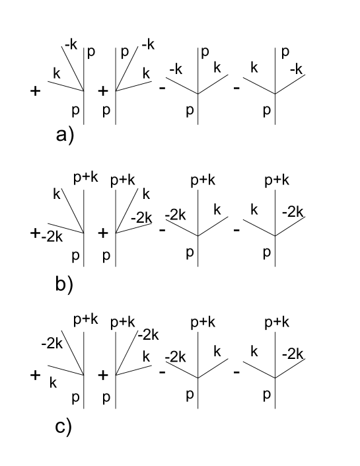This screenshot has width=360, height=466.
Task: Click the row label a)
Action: (65, 136)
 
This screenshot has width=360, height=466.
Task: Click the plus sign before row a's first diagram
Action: (36, 92)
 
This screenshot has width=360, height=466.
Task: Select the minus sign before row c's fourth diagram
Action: (236, 373)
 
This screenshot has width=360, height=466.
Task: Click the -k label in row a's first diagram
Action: (71, 44)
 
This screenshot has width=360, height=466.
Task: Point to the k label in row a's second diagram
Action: (147, 72)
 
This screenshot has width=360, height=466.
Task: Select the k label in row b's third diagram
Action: (216, 210)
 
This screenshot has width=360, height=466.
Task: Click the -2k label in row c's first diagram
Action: (51, 344)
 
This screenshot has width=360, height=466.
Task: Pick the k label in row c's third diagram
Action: (216, 351)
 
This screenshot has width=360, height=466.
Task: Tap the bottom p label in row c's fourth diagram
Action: (266, 395)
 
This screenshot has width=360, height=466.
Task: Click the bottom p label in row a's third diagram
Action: (190, 111)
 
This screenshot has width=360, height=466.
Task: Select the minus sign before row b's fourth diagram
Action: (236, 231)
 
